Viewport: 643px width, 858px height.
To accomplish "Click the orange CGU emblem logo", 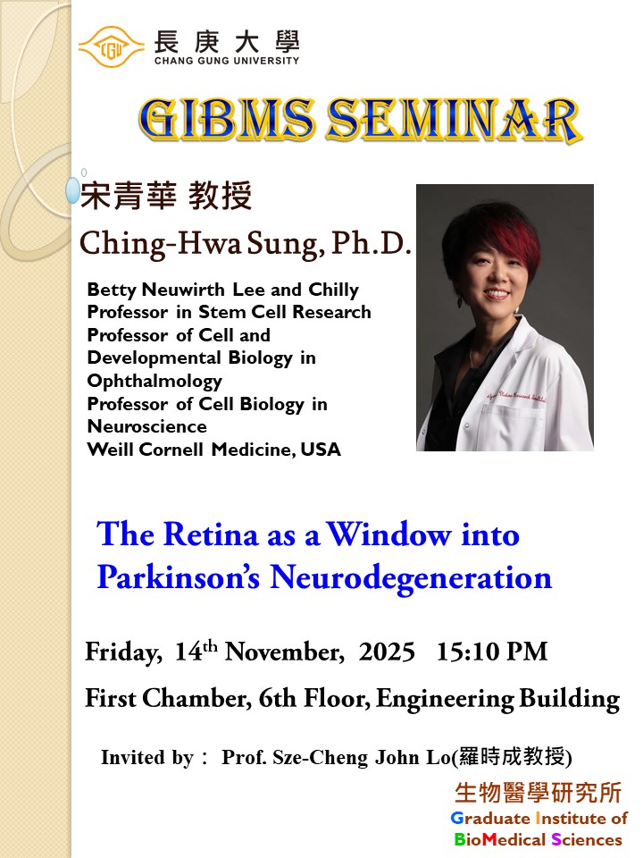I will click(111, 46).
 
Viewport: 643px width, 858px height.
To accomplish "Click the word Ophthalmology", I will click(154, 381).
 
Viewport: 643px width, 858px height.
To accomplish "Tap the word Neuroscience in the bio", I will click(147, 427).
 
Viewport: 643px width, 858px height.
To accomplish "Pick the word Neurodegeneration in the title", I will click(411, 577).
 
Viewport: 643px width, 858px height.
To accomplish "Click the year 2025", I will click(387, 652).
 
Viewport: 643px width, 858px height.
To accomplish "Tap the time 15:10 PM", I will click(491, 652).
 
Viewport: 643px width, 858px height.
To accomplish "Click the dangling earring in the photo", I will click(461, 301).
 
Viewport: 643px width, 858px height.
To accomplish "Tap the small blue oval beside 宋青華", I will click(73, 190).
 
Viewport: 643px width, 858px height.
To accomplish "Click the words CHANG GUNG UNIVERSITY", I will click(227, 61).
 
